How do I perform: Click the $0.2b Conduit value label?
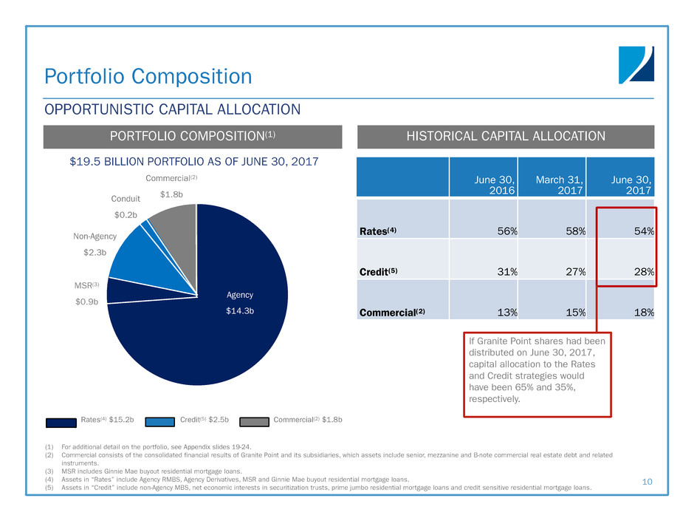click(126, 215)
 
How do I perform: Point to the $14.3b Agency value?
click(240, 311)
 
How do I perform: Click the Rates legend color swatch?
click(61, 422)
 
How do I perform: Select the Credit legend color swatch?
click(159, 422)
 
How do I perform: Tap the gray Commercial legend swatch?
click(255, 422)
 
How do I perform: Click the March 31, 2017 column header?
click(560, 185)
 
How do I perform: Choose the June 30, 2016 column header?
click(495, 185)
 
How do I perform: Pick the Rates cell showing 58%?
click(575, 231)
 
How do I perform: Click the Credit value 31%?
click(507, 272)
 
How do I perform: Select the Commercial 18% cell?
click(644, 313)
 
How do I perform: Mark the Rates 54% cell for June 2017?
click(644, 231)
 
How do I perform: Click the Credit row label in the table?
click(379, 272)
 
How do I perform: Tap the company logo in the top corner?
click(636, 65)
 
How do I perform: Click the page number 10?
click(647, 482)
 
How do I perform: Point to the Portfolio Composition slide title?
click(148, 76)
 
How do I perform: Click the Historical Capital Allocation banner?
click(506, 137)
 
